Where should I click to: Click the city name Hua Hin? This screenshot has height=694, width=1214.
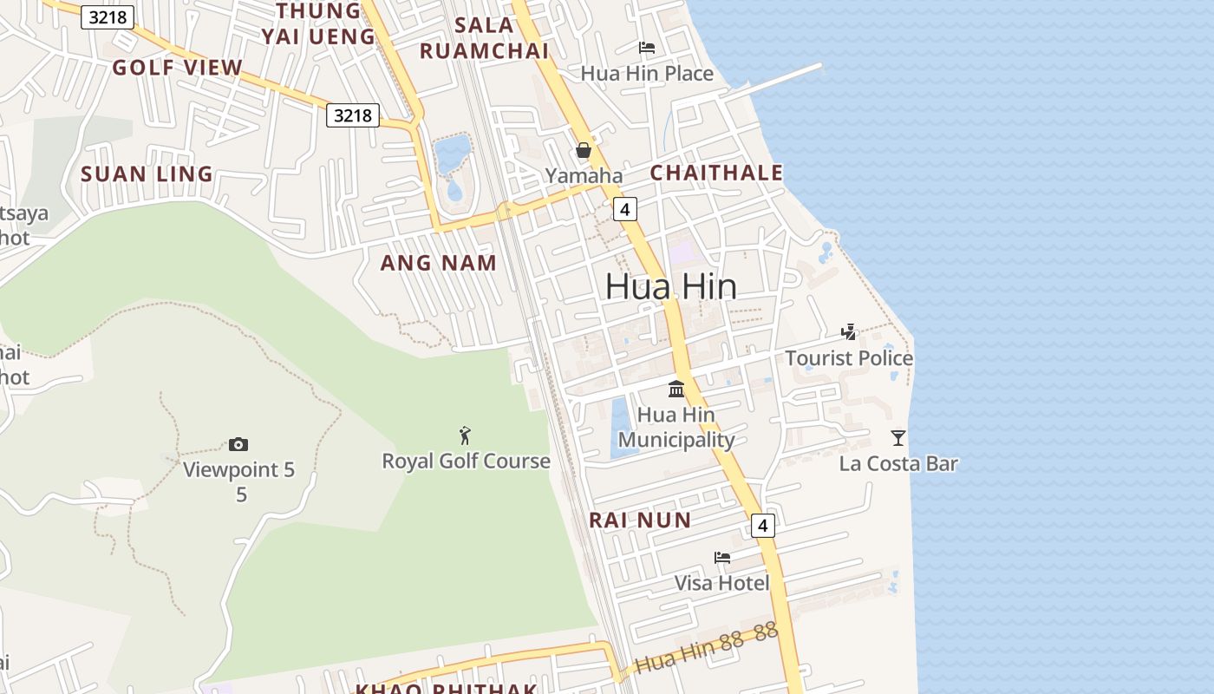point(670,286)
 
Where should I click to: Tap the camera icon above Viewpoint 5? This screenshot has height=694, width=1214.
point(238,445)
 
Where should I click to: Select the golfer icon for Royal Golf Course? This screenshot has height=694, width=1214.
point(466,435)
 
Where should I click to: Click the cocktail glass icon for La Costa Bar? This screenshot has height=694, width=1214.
point(898,438)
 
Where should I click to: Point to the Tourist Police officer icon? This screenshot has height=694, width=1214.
point(849,331)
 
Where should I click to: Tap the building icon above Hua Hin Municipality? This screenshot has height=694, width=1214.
point(676,389)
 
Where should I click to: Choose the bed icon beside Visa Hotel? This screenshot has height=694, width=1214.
point(722,557)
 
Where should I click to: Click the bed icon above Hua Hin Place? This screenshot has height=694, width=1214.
point(647,48)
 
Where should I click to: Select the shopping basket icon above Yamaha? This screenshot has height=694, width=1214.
point(584,150)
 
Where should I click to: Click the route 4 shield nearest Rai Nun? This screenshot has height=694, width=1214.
point(762,525)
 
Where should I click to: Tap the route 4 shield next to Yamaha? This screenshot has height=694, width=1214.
point(624,208)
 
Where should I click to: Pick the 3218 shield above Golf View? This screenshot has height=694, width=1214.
point(108,17)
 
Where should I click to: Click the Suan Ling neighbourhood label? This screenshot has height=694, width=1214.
point(147,173)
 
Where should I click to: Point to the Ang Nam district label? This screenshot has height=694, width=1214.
point(439,263)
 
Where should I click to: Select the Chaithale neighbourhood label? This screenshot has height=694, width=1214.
point(716,173)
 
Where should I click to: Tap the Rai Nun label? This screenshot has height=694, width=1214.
point(640,520)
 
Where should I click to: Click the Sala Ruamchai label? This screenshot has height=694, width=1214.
point(484,37)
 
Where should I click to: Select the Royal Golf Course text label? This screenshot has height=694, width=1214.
point(466,461)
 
